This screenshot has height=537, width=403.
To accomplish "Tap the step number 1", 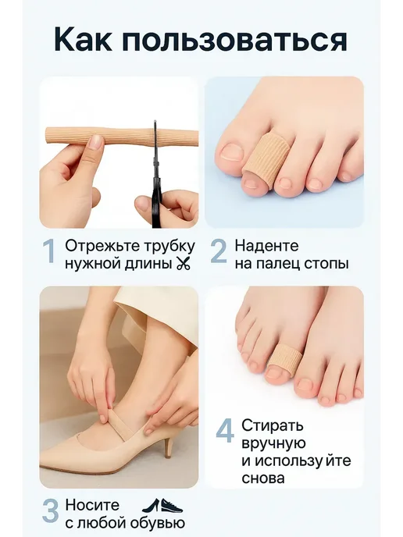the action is tap(50, 251).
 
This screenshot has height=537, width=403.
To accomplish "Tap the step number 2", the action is tap(219, 251).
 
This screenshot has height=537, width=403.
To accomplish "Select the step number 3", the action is tap(50, 510).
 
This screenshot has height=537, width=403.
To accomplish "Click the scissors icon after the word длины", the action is tap(183, 264).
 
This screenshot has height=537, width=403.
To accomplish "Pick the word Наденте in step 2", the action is tap(267, 246).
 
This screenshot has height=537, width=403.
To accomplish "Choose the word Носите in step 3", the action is tap(92, 505).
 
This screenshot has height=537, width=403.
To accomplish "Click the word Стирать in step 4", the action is tap(273, 425).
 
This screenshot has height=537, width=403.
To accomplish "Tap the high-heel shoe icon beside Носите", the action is tap(150, 505).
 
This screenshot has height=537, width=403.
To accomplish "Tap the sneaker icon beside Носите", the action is tap(172, 506).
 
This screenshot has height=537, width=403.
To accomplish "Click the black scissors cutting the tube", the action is tap(157, 175).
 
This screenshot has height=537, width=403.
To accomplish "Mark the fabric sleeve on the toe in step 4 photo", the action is tap(284, 358).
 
